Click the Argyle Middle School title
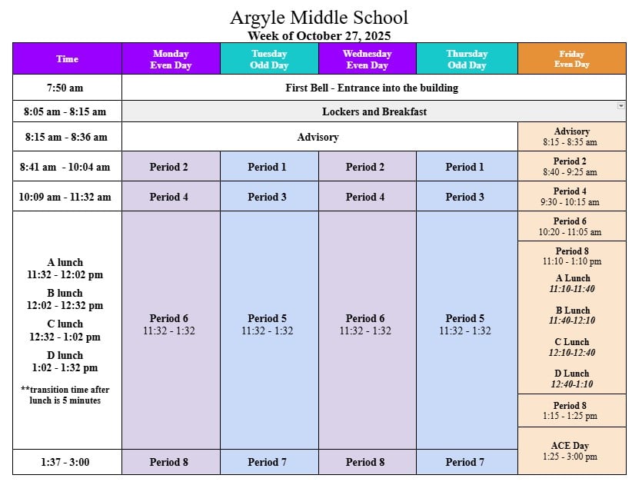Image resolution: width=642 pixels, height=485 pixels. (319, 17)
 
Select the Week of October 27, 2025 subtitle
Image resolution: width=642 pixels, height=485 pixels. (319, 35)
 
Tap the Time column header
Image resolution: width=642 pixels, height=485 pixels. (67, 59)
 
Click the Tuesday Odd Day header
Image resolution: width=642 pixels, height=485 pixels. (269, 59)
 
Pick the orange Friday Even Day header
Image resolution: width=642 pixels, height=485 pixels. (571, 59)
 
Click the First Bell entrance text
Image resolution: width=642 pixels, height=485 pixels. (371, 88)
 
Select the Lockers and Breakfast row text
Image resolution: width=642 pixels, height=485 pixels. (374, 111)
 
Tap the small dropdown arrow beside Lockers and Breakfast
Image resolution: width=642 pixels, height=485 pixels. (620, 105)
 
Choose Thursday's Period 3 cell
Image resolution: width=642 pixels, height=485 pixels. (465, 197)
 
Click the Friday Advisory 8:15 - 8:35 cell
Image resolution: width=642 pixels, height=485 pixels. (571, 137)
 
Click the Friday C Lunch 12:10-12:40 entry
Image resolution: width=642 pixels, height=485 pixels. (572, 347)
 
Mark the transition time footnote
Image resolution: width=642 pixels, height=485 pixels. (65, 395)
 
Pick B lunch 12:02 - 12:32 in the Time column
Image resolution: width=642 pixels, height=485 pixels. (65, 299)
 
